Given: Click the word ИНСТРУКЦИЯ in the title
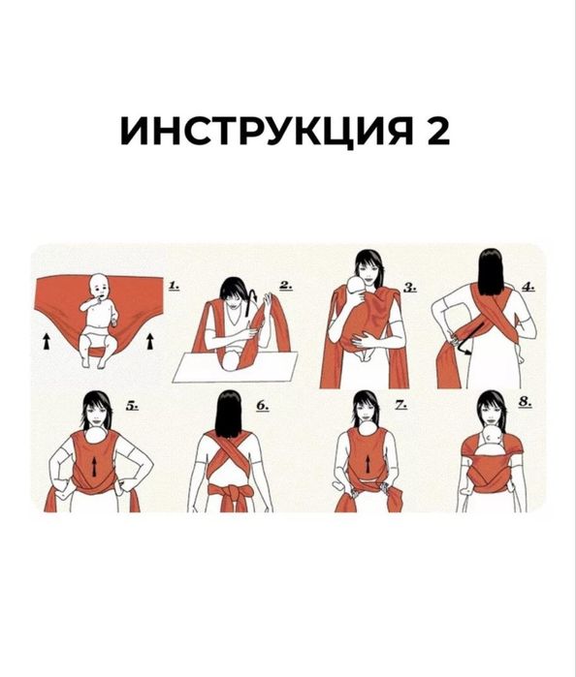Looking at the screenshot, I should click(x=259, y=131).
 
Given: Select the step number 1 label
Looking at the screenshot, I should click(x=175, y=287).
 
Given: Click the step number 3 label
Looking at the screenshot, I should click(x=410, y=287).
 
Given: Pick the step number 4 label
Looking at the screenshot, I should click(x=528, y=287).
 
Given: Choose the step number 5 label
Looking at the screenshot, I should click(x=134, y=410).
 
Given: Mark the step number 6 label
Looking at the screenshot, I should click(x=263, y=410).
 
